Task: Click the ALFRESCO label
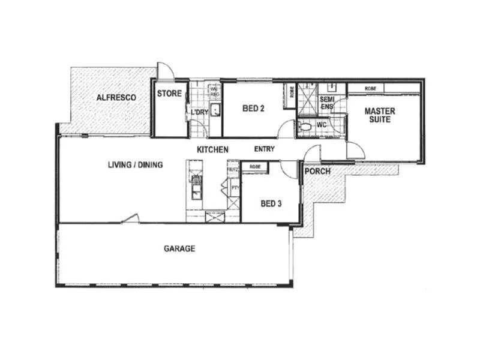click(116, 97)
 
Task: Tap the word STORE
click(169, 94)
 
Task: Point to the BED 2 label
click(254, 109)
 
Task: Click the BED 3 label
click(271, 203)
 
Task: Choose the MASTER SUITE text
click(378, 115)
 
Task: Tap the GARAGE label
click(179, 248)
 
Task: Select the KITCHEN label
click(212, 149)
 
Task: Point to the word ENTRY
click(265, 149)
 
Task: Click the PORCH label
click(317, 172)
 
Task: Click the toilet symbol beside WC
click(305, 127)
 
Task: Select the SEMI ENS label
click(326, 103)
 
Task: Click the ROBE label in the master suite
click(370, 88)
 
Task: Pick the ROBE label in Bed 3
click(254, 166)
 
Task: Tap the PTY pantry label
click(235, 187)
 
